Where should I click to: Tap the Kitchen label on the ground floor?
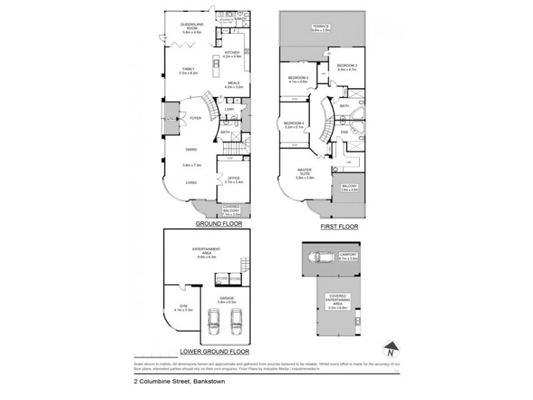pyautogui.click(x=232, y=53)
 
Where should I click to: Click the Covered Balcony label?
pyautogui.click(x=231, y=211)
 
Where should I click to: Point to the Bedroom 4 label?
pyautogui.click(x=293, y=124)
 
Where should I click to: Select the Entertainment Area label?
pyautogui.click(x=207, y=252)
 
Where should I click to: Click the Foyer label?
pyautogui.click(x=195, y=118)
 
